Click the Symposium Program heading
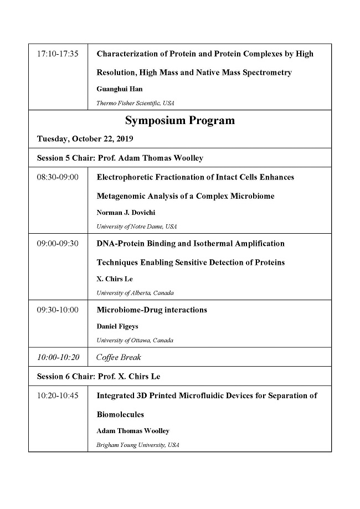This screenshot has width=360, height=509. pos(179,121)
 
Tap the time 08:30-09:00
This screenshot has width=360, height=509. pos(58,177)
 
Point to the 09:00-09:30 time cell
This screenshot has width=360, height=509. pos(58,244)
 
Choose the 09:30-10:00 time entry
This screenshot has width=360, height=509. pos(58,310)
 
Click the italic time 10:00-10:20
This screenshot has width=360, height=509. pos(58,357)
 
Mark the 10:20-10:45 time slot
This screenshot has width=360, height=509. pos(58,396)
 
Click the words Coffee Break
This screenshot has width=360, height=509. pos(119,357)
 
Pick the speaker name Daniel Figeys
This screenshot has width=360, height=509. pos(118,326)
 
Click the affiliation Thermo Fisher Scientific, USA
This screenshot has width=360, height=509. pos(135,103)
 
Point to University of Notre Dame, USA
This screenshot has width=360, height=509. pos(137,227)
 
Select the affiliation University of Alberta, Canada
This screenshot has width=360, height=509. pos(135,293)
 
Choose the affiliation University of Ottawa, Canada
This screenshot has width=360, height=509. pos(135,340)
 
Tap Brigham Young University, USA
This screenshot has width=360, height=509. pos(138,445)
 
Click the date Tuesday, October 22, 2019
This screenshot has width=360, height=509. pos(85,139)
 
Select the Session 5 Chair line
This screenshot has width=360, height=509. pos(120,158)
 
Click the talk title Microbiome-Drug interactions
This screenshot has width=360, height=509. pos(152,310)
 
